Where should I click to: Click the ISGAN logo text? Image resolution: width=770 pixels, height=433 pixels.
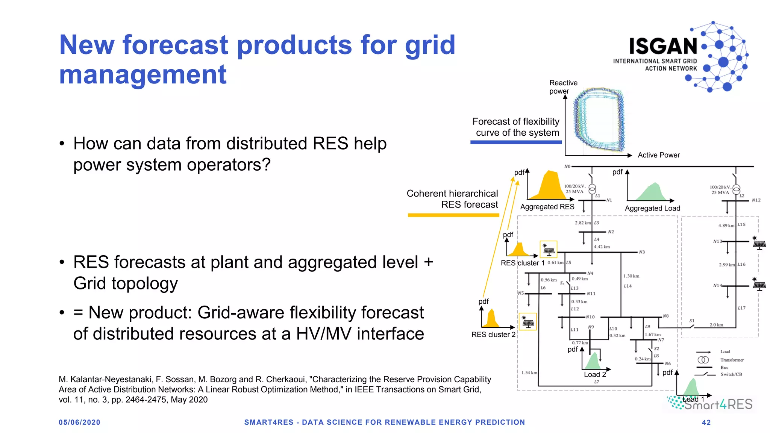point(663,46)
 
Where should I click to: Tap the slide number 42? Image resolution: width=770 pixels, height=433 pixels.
point(706,422)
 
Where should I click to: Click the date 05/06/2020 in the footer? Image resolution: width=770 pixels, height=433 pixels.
point(79,422)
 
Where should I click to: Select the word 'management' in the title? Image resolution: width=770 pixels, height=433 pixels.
point(143,74)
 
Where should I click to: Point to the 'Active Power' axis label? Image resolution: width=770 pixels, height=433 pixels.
point(659,155)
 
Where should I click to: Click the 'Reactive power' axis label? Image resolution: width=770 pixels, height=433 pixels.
point(563,87)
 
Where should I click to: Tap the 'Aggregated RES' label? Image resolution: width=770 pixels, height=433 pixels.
point(547,207)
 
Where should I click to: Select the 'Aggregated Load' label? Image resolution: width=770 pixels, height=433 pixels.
point(652,208)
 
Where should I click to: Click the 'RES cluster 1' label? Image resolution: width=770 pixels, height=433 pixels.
point(522,263)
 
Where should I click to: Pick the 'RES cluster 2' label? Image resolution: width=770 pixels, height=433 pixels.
point(493,335)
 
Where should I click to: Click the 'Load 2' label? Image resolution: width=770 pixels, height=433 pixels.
point(595,374)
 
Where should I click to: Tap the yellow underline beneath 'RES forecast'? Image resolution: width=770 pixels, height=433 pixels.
point(453,215)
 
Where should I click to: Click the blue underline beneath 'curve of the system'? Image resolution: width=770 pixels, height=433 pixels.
point(516,142)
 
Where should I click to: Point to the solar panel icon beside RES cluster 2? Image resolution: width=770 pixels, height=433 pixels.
point(528,322)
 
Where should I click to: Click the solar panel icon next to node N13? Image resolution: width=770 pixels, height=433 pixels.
point(759,244)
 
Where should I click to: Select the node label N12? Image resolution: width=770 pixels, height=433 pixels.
point(756,200)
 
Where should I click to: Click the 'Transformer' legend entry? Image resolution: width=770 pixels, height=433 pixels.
point(732,360)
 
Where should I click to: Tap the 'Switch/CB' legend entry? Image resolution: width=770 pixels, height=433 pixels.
point(731,374)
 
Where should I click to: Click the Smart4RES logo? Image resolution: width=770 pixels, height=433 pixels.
point(711,404)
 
